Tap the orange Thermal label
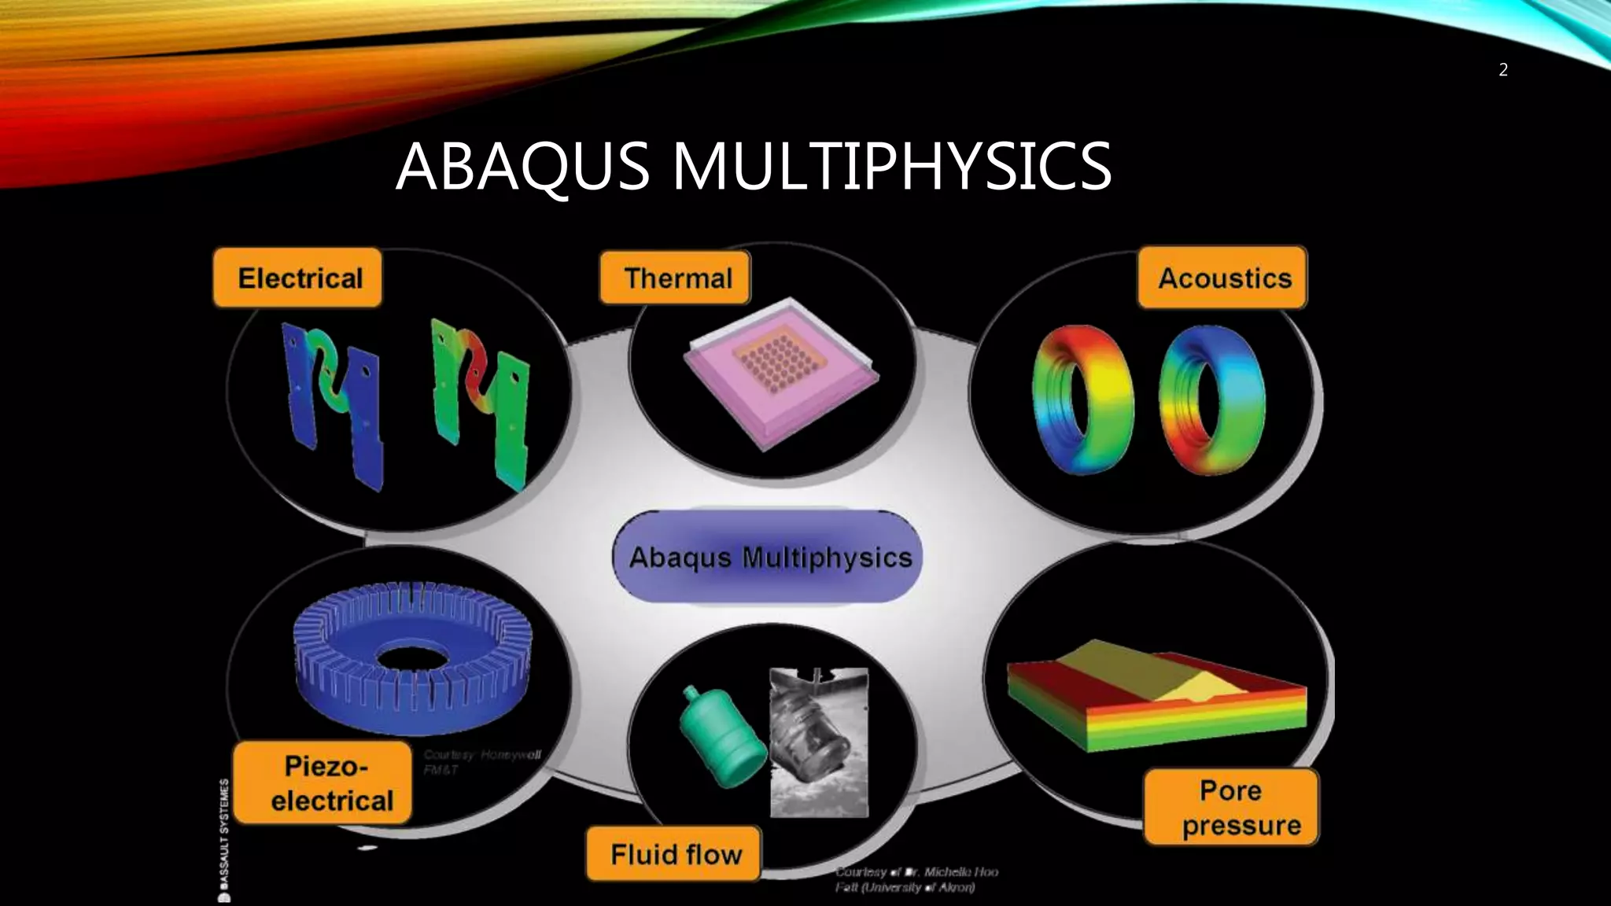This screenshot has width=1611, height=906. (675, 278)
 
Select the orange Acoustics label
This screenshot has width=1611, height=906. (1222, 278)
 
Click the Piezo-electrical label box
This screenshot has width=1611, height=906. (323, 783)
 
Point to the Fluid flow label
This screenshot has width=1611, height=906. (674, 853)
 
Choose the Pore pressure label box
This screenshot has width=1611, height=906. (1231, 807)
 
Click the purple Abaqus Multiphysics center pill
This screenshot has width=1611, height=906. (768, 557)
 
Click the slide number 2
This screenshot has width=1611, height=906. (1503, 70)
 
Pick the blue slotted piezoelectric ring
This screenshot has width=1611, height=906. (413, 657)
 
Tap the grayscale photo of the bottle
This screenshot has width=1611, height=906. (819, 742)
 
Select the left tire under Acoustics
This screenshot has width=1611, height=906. (1082, 399)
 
